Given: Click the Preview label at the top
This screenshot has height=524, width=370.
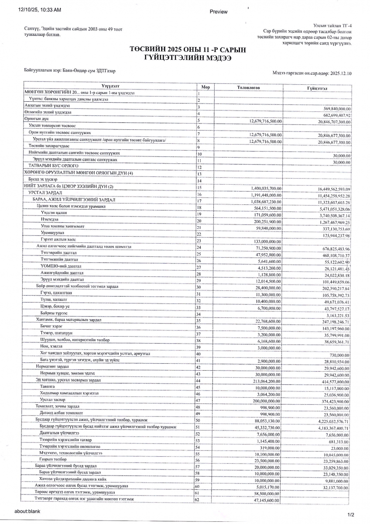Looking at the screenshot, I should (219, 11).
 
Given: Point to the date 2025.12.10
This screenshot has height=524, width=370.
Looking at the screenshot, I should (341, 74).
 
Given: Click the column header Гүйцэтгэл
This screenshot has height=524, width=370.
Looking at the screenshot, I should (317, 88).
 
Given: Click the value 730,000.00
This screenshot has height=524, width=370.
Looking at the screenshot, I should (339, 355).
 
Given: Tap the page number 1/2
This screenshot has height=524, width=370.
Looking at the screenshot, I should (350, 514).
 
